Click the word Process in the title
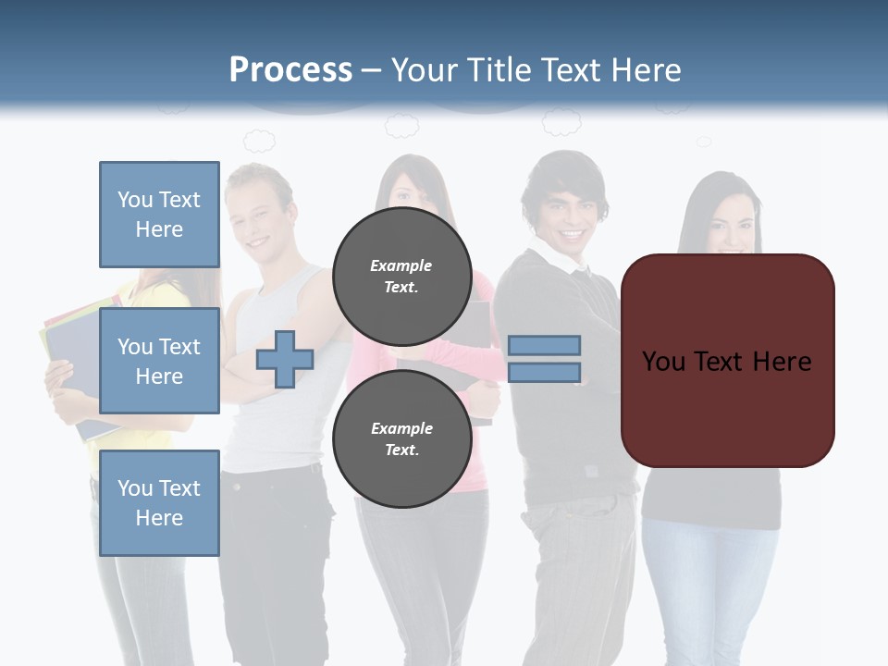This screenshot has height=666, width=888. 290,70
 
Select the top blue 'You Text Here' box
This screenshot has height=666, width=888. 159,215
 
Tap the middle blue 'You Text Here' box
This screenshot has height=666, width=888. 159,361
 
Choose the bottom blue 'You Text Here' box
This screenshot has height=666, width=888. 159,503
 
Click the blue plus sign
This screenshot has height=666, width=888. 285,359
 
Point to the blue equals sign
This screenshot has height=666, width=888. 544,359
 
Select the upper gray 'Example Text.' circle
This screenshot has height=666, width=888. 401,276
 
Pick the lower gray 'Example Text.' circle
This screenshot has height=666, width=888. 401,438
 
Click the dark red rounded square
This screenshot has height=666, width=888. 727,361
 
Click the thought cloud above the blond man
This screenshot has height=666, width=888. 259,141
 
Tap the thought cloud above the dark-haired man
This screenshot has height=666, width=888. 561,122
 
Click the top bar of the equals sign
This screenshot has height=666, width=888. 544,346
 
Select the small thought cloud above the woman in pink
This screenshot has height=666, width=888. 401,125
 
